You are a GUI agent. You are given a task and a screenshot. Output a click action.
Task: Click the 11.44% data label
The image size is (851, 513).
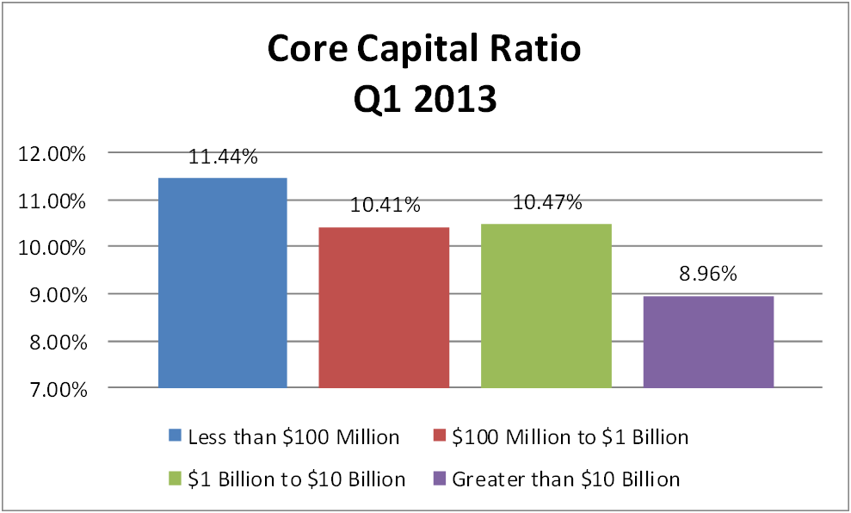tap(222, 157)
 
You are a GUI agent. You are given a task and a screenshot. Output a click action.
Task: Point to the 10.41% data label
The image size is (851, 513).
tap(384, 206)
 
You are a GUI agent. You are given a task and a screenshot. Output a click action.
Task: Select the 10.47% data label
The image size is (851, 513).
tap(546, 203)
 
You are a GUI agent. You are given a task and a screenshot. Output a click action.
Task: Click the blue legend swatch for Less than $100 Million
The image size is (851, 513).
tap(176, 436)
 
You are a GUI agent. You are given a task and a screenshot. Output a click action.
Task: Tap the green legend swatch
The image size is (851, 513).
tap(176, 478)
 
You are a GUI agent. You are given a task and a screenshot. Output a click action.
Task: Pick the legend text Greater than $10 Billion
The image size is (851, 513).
tap(565, 479)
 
